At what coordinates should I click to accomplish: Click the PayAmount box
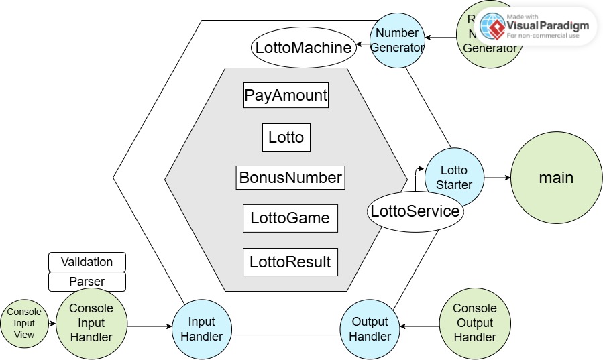click(x=286, y=95)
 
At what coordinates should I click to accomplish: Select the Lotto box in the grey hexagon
click(x=286, y=137)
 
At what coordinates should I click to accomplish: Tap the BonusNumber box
click(x=290, y=178)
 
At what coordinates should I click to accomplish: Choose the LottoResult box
click(x=290, y=262)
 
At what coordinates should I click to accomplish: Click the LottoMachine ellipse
click(x=303, y=48)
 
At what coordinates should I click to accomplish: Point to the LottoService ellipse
click(x=415, y=212)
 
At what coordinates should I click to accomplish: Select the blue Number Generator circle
click(x=397, y=40)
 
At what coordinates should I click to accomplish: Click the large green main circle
click(x=556, y=178)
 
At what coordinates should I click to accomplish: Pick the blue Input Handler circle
click(x=202, y=328)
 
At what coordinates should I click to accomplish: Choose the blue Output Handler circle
click(x=370, y=328)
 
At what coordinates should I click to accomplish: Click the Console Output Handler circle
click(x=475, y=323)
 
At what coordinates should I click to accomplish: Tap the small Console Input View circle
click(x=24, y=324)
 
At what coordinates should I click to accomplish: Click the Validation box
click(x=87, y=261)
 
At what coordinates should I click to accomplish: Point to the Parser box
click(x=87, y=281)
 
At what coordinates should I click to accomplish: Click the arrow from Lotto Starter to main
click(x=498, y=178)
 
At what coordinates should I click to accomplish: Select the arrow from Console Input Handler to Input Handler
click(x=150, y=326)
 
